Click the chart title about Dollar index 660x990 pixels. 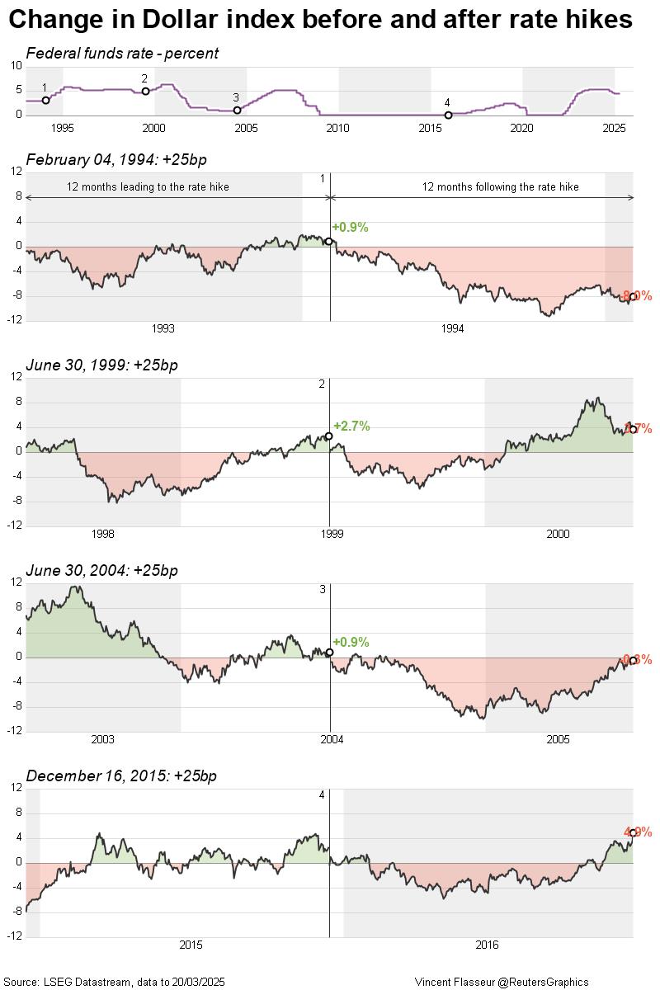320,20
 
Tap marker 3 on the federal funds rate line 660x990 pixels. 237,110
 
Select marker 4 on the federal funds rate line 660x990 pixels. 448,115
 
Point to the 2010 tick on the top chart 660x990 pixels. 337,128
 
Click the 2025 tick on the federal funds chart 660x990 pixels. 614,128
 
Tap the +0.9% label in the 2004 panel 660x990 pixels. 351,642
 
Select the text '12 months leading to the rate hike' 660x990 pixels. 148,187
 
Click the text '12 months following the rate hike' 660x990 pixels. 501,187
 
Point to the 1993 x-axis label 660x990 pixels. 163,328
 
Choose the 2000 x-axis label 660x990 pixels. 558,534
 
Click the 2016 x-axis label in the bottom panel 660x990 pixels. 487,945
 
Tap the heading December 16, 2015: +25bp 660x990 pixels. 121,775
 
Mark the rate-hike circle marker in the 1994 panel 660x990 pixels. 329,241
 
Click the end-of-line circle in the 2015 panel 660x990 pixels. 633,833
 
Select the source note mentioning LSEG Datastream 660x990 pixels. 120,982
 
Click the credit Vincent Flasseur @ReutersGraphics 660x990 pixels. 502,982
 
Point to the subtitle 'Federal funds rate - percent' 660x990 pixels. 122,54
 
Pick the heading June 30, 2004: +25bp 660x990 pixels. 101,570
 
